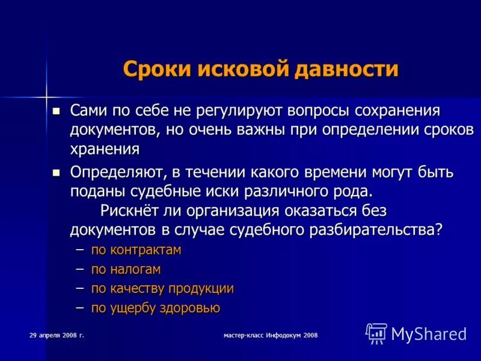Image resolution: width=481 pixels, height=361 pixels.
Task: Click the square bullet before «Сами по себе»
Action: click(57, 111)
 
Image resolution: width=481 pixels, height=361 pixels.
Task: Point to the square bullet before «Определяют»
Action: click(57, 173)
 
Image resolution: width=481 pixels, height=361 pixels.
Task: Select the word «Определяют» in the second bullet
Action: click(118, 173)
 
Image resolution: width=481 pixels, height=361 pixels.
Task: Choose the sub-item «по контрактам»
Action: click(136, 250)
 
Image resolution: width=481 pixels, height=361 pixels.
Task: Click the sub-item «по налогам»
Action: click(126, 269)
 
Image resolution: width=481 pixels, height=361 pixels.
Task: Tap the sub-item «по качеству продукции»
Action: click(162, 288)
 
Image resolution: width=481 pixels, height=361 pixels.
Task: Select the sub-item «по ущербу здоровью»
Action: click(155, 308)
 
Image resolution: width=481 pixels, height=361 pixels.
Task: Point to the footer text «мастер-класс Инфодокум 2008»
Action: click(270, 335)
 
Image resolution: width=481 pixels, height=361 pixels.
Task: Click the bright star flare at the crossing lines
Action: click(46, 96)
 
